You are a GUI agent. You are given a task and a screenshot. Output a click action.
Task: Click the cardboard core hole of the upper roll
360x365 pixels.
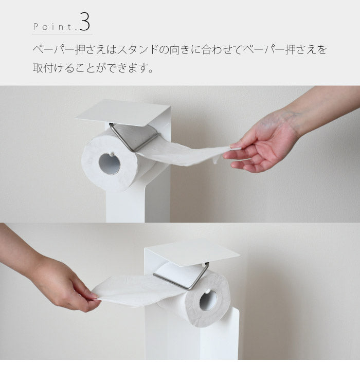110,163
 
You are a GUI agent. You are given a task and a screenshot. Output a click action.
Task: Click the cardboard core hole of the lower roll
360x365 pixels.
208,300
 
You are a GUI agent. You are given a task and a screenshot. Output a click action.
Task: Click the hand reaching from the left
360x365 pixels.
67,285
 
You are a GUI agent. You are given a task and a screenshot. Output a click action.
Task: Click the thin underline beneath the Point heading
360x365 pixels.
62,34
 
